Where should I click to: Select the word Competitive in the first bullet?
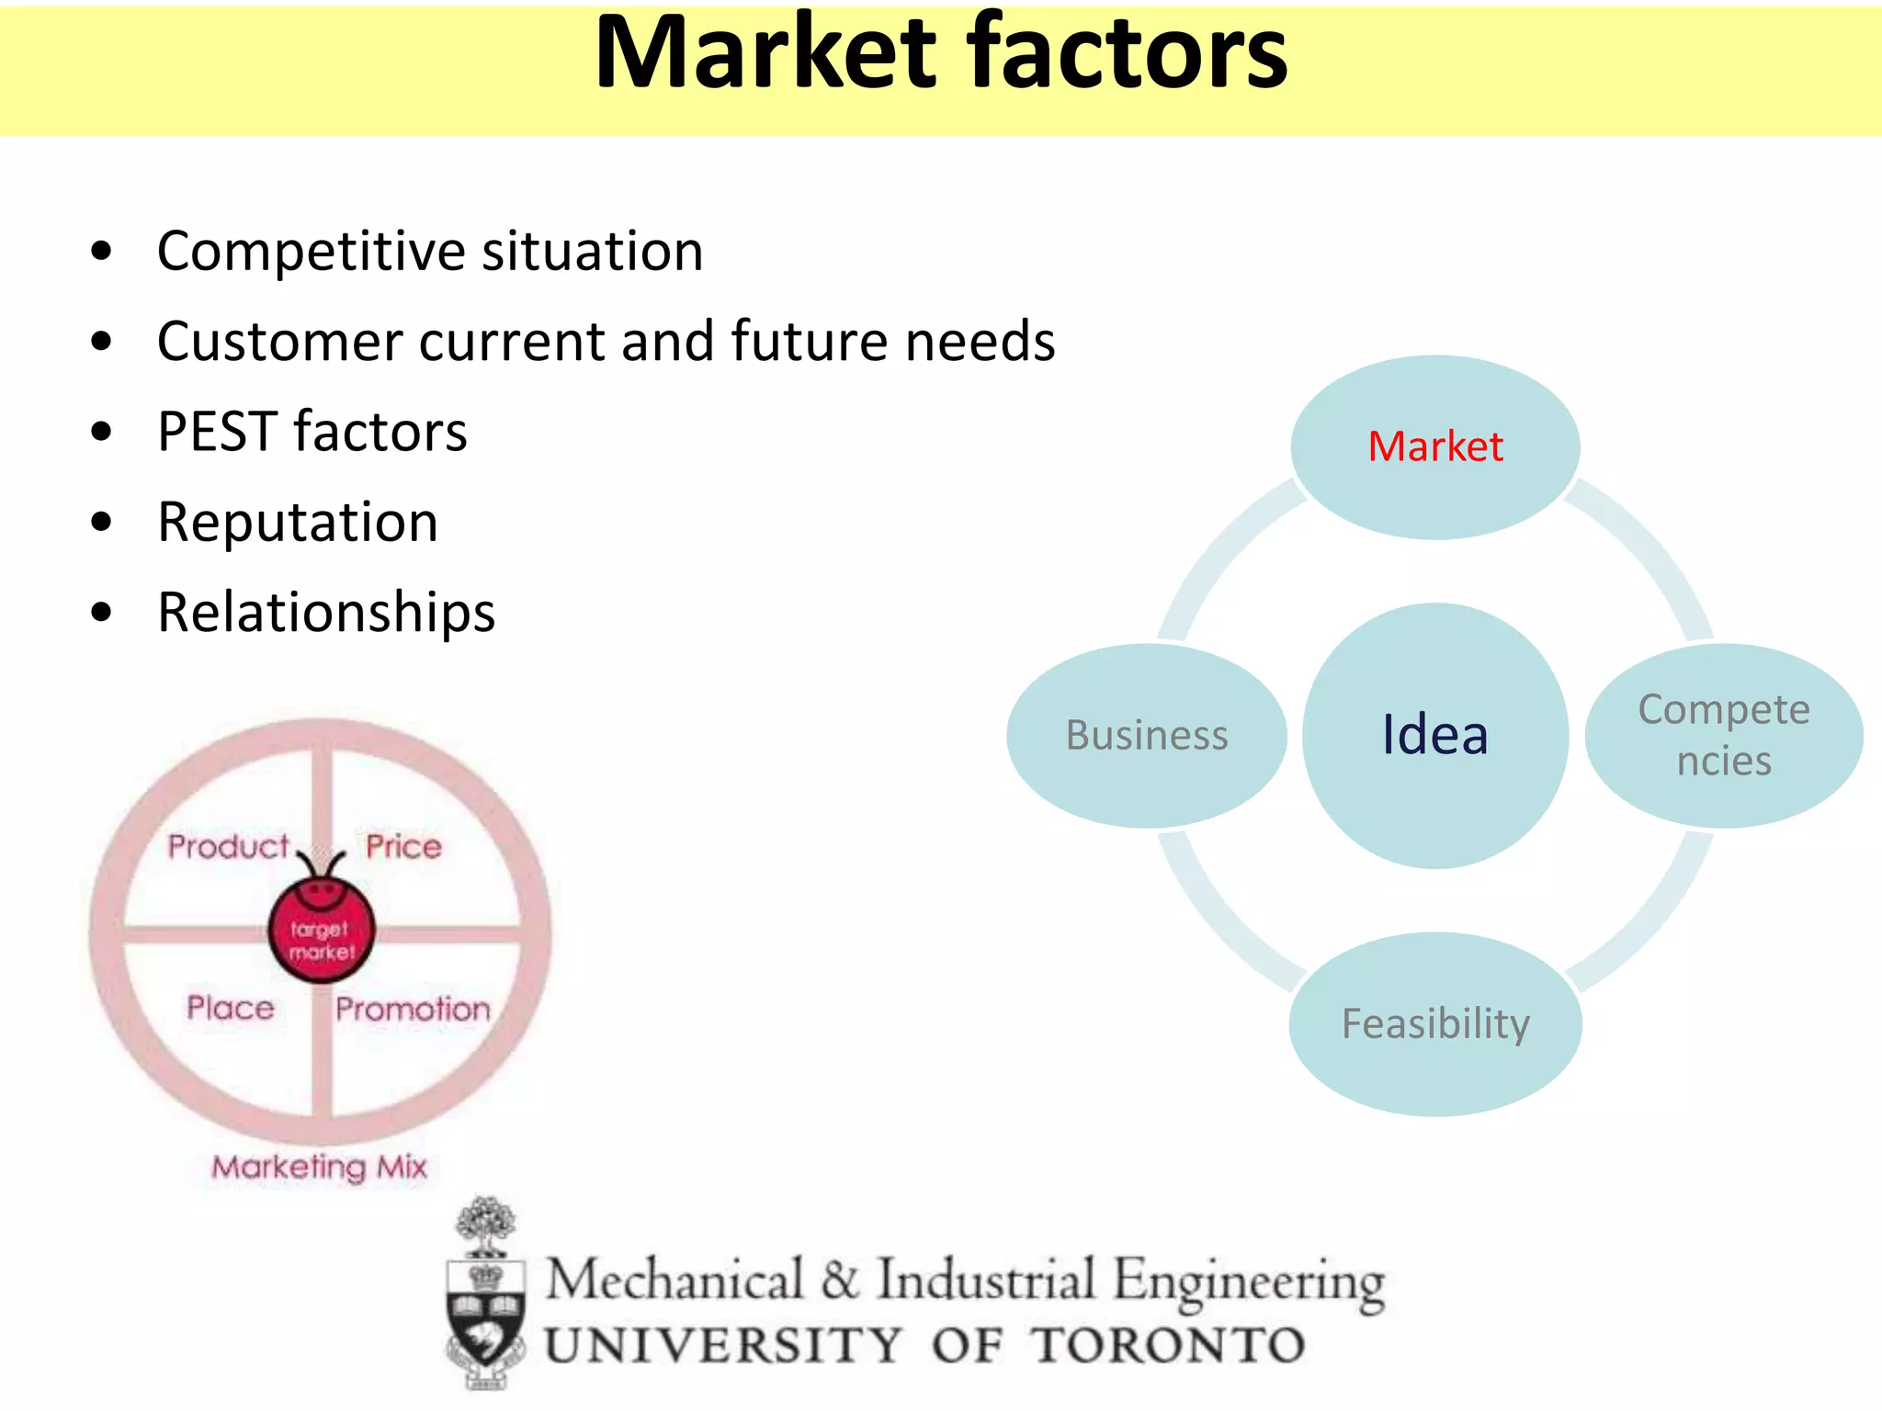(x=312, y=251)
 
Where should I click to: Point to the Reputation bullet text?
(x=298, y=522)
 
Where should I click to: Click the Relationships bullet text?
(x=326, y=612)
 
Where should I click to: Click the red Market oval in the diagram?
(x=1435, y=447)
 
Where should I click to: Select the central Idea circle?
(x=1435, y=735)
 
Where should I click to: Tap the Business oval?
(x=1147, y=735)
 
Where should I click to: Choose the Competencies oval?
(x=1724, y=735)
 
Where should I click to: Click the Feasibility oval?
(x=1435, y=1024)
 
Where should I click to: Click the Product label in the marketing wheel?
(x=228, y=846)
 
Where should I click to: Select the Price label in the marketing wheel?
(x=403, y=846)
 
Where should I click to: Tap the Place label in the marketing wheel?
(x=231, y=1008)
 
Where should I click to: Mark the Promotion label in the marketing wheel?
(x=413, y=1009)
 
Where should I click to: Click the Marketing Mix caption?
(x=320, y=1167)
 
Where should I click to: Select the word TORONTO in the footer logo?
(x=1167, y=1346)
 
